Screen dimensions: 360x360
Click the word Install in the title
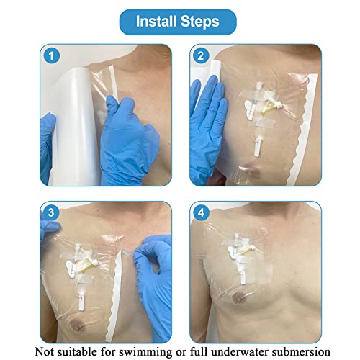pyautogui.click(x=156, y=22)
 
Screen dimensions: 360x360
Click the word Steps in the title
pyautogui.click(x=200, y=22)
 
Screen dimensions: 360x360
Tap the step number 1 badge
pyautogui.click(x=51, y=56)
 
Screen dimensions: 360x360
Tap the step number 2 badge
pyautogui.click(x=201, y=56)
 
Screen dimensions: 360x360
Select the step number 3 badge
pyautogui.click(x=51, y=213)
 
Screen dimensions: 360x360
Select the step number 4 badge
pyautogui.click(x=201, y=213)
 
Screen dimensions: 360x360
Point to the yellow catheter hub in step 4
pyautogui.click(x=248, y=251)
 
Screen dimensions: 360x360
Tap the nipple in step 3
pyautogui.click(x=78, y=325)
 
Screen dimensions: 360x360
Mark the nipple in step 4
pyautogui.click(x=238, y=297)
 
